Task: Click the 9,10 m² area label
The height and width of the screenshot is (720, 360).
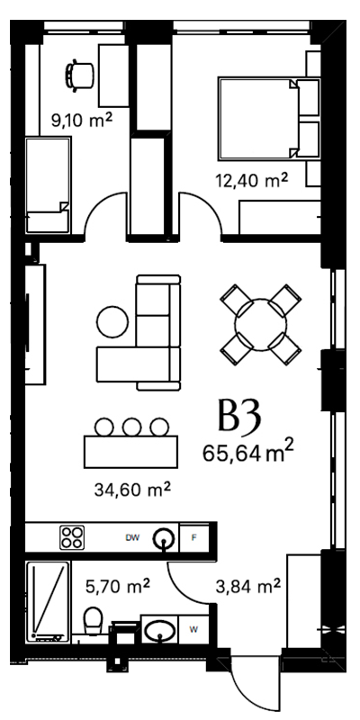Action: point(81,122)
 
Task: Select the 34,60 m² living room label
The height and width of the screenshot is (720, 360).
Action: point(132,490)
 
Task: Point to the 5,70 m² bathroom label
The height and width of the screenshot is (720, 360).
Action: point(118,586)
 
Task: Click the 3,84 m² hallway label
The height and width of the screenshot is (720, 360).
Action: point(248,586)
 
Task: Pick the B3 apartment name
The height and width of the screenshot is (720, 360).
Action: point(239,417)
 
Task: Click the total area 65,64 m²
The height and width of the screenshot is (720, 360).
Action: point(248,454)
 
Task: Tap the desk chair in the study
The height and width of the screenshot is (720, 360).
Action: point(79,75)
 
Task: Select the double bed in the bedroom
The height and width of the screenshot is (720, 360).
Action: point(258,119)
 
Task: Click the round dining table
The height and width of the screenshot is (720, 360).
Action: point(261,325)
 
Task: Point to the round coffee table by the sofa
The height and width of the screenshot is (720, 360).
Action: point(112,321)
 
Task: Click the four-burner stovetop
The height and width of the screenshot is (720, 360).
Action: point(72,537)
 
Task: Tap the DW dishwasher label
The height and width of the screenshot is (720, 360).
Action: point(132,537)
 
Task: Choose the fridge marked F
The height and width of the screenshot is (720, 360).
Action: point(193,537)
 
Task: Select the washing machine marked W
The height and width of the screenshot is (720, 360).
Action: point(193,629)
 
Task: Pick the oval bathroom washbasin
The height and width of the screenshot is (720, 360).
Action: point(159,629)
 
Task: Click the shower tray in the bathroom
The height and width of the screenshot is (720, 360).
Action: point(48,602)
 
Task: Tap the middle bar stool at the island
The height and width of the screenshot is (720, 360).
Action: point(131,427)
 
